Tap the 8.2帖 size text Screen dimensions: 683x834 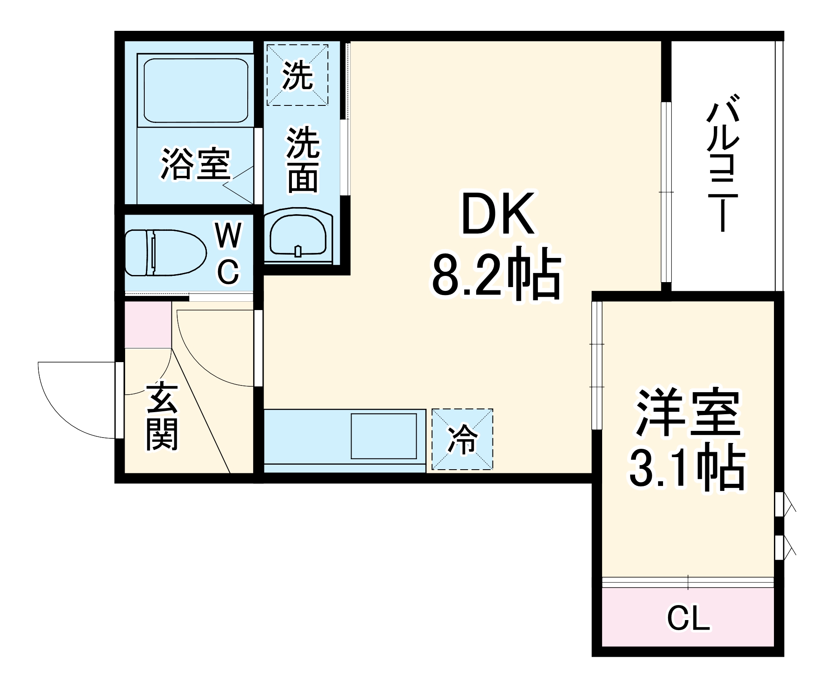pos(496,273)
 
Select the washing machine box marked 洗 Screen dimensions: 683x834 pos(297,75)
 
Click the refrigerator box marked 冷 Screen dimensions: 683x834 pos(462,439)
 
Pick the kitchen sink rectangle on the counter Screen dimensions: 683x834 pos(384,436)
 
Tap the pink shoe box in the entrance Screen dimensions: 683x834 pos(148,324)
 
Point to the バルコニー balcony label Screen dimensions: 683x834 pos(723,163)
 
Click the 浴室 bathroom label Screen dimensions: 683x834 pos(195,163)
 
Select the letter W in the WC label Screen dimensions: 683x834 pos(228,235)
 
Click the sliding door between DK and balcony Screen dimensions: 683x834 pos(666,192)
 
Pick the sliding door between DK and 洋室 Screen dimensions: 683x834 pos(597,365)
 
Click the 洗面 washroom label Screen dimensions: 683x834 pos(303,160)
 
